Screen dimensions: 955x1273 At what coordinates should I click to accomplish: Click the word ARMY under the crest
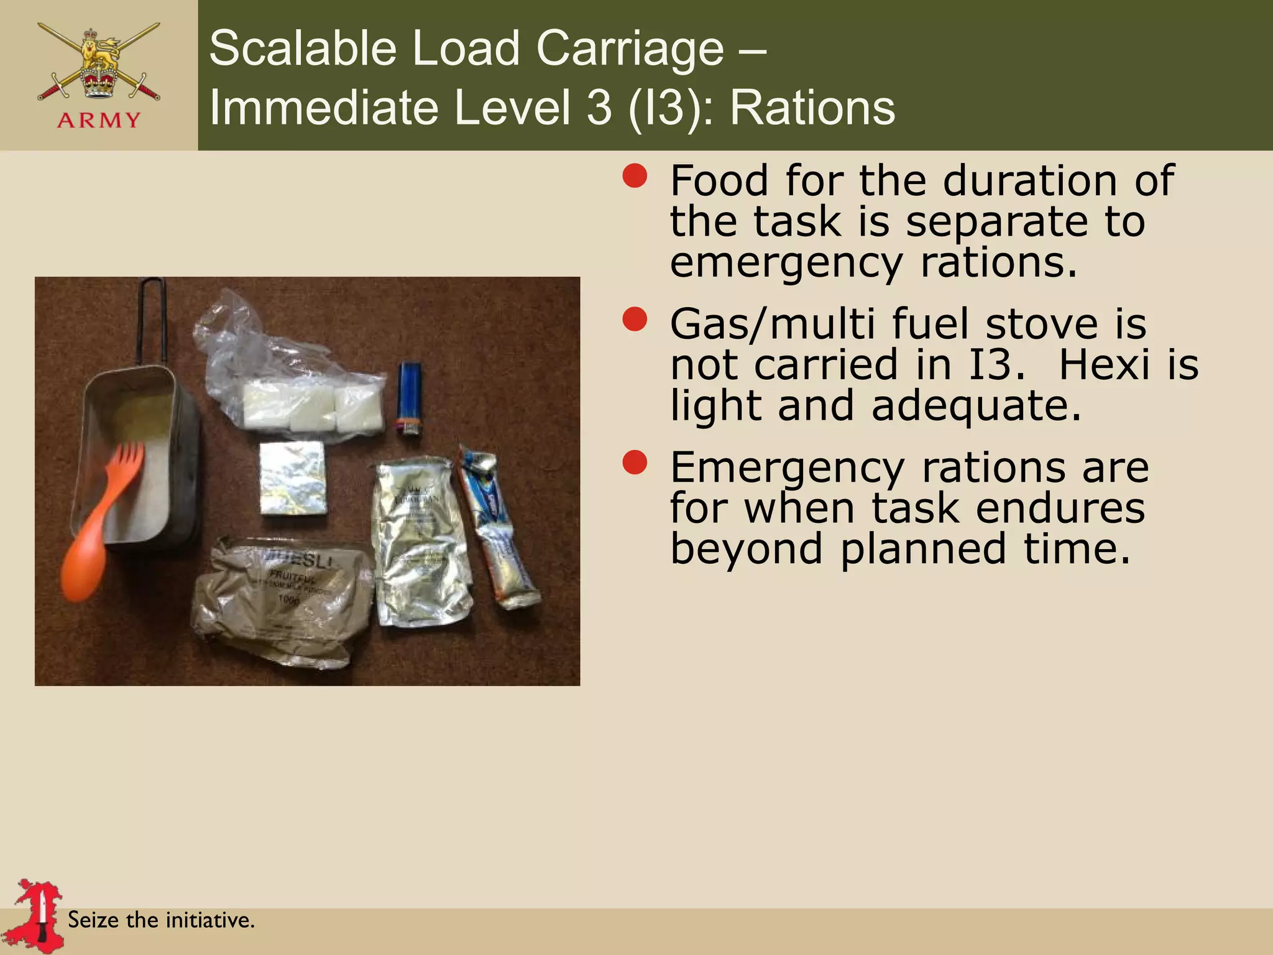tap(99, 120)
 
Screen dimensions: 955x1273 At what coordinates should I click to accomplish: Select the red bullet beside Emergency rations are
tap(635, 463)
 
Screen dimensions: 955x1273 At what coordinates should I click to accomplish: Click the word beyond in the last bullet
tap(746, 549)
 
